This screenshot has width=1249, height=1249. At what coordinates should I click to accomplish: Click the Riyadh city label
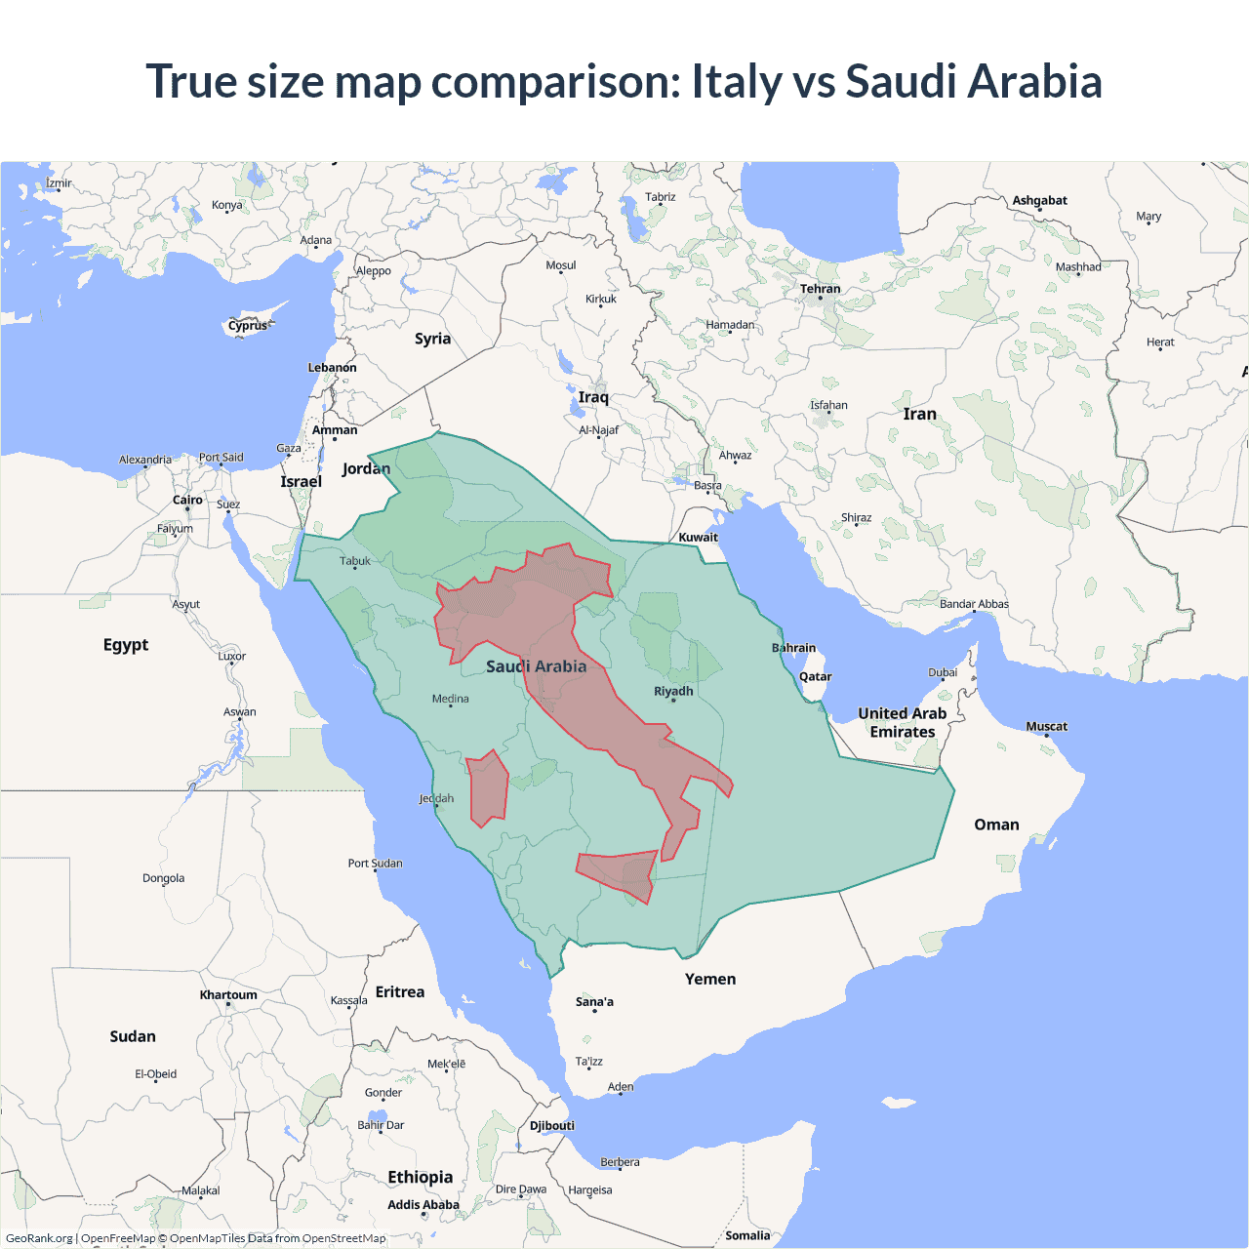[673, 691]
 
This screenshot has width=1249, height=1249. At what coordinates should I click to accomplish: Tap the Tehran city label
[820, 289]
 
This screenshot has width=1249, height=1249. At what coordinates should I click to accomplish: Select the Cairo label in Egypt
[187, 500]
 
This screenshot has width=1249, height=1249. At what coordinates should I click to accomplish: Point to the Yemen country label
[710, 979]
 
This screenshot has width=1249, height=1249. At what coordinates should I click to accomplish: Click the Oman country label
[996, 825]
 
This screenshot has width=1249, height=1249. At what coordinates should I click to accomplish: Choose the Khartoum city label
[228, 995]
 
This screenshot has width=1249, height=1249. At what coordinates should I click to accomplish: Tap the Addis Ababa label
[423, 1205]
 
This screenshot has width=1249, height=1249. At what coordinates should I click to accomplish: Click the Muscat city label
[1046, 726]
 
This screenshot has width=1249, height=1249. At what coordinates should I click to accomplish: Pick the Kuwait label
[698, 537]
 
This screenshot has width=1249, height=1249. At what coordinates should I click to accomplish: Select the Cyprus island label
[248, 326]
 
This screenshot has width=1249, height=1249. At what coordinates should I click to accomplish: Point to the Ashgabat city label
[1039, 200]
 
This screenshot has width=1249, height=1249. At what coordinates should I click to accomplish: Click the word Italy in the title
[736, 81]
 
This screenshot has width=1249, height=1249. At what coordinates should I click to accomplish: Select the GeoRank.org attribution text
[39, 1238]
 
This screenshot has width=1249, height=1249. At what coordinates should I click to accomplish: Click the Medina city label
[450, 699]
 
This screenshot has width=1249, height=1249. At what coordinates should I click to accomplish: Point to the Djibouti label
[551, 1125]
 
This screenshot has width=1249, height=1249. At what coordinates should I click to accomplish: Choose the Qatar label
[815, 676]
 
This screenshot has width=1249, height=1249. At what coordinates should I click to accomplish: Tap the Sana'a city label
[594, 1002]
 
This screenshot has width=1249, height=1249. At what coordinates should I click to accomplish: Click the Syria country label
[432, 339]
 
